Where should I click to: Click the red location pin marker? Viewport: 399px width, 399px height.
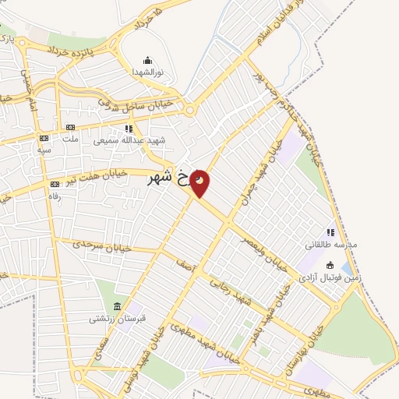(199, 182)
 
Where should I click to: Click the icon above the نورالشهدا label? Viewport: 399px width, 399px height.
(148, 59)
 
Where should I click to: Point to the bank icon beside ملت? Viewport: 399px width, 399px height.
(70, 127)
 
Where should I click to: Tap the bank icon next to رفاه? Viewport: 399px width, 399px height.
(55, 184)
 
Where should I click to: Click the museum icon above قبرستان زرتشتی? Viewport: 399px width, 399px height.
(117, 305)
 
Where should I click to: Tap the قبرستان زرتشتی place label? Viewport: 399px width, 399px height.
(117, 318)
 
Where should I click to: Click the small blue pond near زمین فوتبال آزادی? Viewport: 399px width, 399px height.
(346, 270)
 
